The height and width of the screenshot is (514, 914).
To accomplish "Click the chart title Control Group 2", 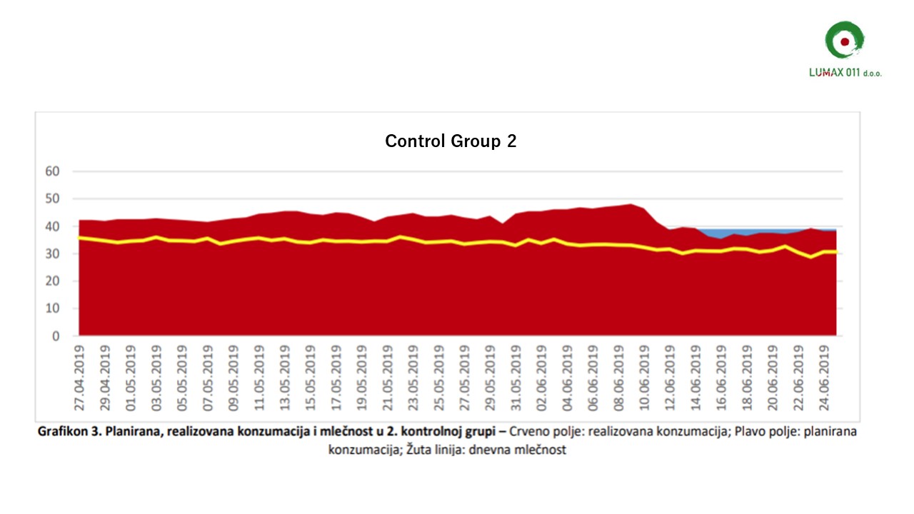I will click(451, 141).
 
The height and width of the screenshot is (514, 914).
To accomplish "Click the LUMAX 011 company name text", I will click(835, 73).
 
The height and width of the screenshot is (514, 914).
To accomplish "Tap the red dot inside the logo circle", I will click(845, 42).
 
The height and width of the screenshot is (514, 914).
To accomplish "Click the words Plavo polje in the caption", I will click(748, 433).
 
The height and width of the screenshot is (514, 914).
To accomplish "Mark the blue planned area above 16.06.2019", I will click(722, 233).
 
